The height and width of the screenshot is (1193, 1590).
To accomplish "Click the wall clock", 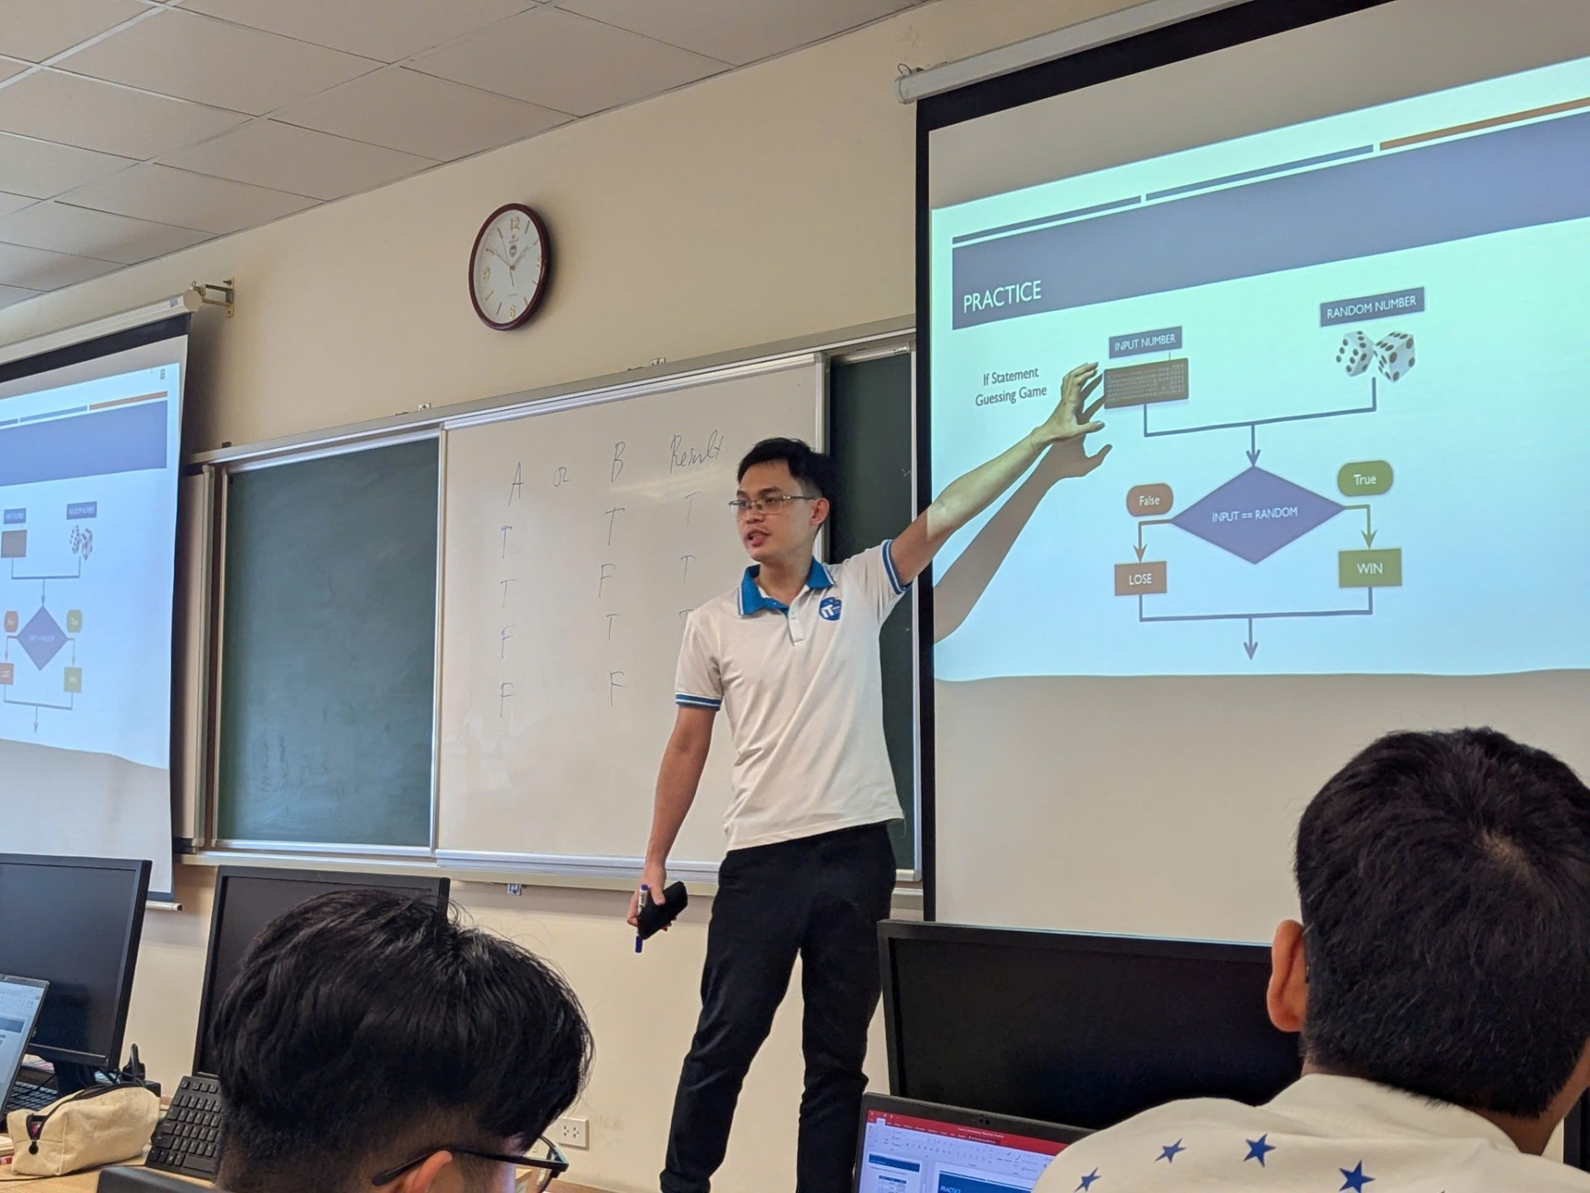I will (x=508, y=266).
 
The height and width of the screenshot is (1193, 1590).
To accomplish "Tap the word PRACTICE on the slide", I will (x=1001, y=294).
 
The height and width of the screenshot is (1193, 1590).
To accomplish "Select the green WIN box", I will (x=1369, y=568).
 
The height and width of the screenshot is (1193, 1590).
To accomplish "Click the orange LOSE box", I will (x=1140, y=578).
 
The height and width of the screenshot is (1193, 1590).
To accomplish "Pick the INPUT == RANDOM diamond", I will (x=1254, y=514).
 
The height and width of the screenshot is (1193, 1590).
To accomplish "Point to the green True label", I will (x=1364, y=479).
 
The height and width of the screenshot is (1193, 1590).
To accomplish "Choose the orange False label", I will (x=1149, y=500).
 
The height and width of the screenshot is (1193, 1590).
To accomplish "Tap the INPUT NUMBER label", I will (x=1144, y=342).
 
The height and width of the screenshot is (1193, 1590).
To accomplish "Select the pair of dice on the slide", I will (x=1375, y=355).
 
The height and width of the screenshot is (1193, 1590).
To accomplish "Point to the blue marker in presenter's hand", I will (x=642, y=920).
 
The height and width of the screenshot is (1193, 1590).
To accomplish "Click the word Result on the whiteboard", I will (x=696, y=452).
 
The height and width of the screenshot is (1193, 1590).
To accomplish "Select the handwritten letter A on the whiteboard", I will (x=515, y=482).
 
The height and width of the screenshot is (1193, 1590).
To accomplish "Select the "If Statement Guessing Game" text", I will (x=1010, y=386).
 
